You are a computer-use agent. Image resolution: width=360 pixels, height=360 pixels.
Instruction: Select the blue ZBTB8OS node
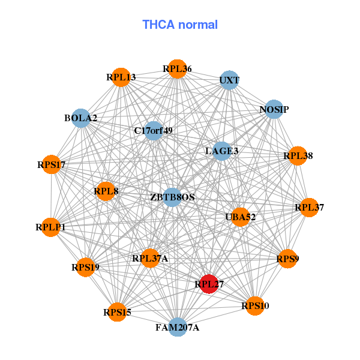(x=172, y=197)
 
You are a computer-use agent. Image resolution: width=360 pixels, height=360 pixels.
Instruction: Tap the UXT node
(x=229, y=80)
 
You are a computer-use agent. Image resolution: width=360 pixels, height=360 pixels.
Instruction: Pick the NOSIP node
(x=274, y=109)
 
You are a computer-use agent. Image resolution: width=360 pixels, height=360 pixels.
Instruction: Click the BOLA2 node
(x=81, y=118)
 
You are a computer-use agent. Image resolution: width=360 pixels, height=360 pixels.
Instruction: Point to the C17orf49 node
(x=154, y=130)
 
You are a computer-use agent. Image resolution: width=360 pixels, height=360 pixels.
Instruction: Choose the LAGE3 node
(x=222, y=151)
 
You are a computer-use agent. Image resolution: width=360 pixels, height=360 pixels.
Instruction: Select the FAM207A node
(x=178, y=327)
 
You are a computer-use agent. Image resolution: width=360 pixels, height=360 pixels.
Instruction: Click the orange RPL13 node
(x=121, y=77)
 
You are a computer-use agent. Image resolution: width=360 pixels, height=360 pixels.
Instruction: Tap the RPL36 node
(x=177, y=69)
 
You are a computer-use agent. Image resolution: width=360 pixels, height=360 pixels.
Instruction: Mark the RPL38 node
(x=298, y=156)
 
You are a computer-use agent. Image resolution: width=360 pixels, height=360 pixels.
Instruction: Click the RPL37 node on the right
(x=309, y=208)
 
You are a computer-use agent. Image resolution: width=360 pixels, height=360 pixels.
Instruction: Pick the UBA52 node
(x=241, y=217)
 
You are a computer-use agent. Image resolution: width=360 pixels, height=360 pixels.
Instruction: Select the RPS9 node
(x=287, y=259)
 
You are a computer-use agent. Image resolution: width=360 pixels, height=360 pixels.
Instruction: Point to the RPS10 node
(x=255, y=306)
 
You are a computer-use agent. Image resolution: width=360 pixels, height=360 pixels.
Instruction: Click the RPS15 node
(x=117, y=311)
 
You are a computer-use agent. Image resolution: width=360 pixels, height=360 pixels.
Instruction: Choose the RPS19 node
(x=85, y=266)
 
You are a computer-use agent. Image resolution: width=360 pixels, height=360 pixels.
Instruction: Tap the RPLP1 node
(x=51, y=227)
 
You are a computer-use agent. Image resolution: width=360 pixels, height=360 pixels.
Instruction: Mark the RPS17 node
(x=51, y=164)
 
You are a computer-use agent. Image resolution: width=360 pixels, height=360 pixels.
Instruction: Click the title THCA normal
(x=180, y=25)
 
